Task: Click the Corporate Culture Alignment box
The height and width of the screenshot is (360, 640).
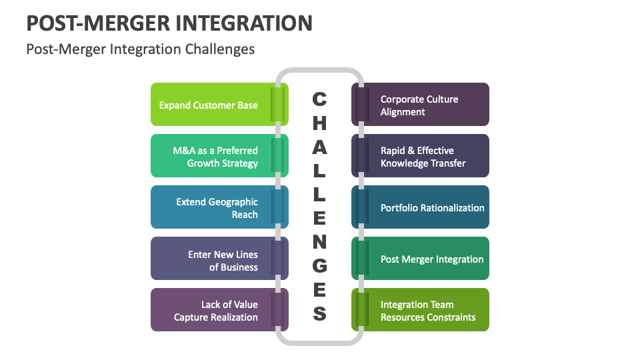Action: (x=427, y=105)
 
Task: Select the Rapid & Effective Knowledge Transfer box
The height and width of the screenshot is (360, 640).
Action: (x=427, y=156)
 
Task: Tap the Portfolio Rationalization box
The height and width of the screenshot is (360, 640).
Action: (x=427, y=207)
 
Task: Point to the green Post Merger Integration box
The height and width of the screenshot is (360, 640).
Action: (x=427, y=259)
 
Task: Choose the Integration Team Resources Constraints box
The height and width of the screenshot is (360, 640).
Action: (x=427, y=310)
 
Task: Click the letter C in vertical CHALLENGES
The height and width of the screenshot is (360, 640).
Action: (x=320, y=99)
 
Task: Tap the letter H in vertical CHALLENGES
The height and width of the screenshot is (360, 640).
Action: (x=320, y=123)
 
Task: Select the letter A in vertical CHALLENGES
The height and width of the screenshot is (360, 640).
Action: (x=320, y=147)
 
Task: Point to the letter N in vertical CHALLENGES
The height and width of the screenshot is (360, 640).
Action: (x=320, y=241)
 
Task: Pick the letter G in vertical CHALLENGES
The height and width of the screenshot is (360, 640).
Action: (x=320, y=265)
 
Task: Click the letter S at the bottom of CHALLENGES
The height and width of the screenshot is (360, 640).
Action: (x=320, y=313)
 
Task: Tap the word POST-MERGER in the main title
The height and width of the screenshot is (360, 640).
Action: (x=98, y=23)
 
